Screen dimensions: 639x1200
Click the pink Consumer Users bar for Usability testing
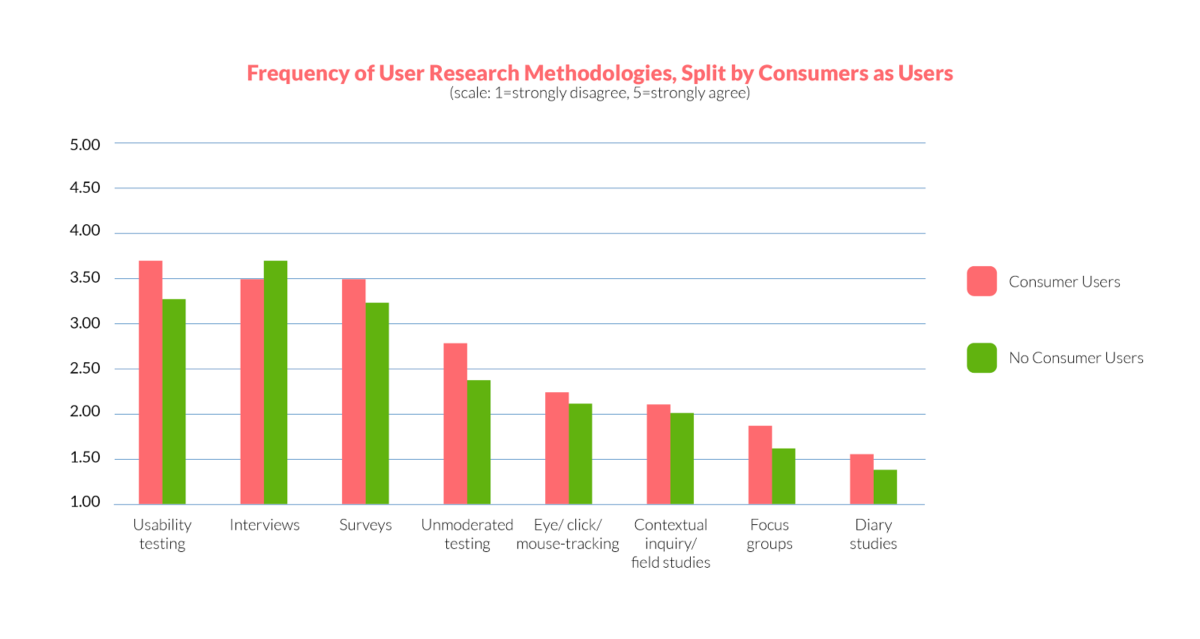click(x=151, y=382)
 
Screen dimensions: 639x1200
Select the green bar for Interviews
click(x=275, y=382)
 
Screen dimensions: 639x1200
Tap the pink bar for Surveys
click(x=354, y=391)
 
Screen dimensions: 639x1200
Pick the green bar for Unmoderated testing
click(x=478, y=442)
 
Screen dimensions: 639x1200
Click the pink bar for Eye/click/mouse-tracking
click(x=557, y=448)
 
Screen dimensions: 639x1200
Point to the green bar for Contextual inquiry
click(x=682, y=458)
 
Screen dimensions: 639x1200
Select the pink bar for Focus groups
click(x=760, y=465)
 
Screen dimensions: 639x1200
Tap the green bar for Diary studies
click(x=885, y=487)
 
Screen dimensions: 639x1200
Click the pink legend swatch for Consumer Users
click(x=982, y=281)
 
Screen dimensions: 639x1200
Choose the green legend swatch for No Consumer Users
click(x=982, y=358)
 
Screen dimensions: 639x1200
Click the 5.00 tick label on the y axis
click(x=85, y=145)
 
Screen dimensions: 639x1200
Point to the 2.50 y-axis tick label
click(x=85, y=368)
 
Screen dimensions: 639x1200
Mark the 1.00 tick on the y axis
click(x=85, y=502)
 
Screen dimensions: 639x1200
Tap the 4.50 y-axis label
click(x=85, y=187)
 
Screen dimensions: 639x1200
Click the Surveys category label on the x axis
click(x=365, y=525)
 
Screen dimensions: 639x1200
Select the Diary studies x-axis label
click(x=873, y=534)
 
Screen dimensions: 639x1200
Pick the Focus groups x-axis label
click(x=769, y=534)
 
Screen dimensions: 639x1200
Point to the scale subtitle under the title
click(x=600, y=93)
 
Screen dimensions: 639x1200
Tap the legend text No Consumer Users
click(x=1075, y=358)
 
